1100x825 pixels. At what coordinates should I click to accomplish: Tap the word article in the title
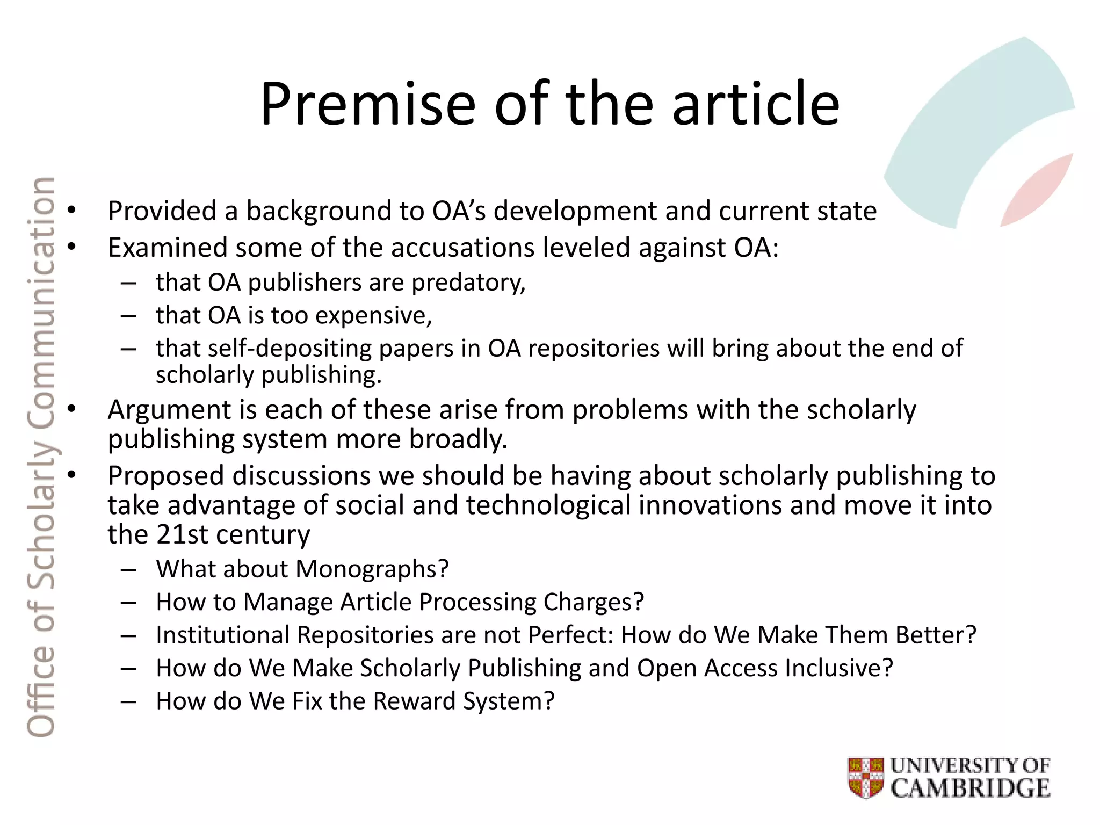tap(756, 104)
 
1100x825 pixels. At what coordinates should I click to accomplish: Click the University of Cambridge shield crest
tap(866, 777)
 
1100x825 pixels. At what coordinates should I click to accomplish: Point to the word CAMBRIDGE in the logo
tap(971, 788)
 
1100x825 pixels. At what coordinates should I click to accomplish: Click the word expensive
tap(373, 316)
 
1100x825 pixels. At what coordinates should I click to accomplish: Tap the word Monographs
tap(372, 569)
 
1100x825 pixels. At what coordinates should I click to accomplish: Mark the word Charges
tap(594, 602)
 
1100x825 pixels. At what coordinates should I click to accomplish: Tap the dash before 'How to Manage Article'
tap(129, 603)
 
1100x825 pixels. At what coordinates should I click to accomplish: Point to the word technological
tap(548, 505)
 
